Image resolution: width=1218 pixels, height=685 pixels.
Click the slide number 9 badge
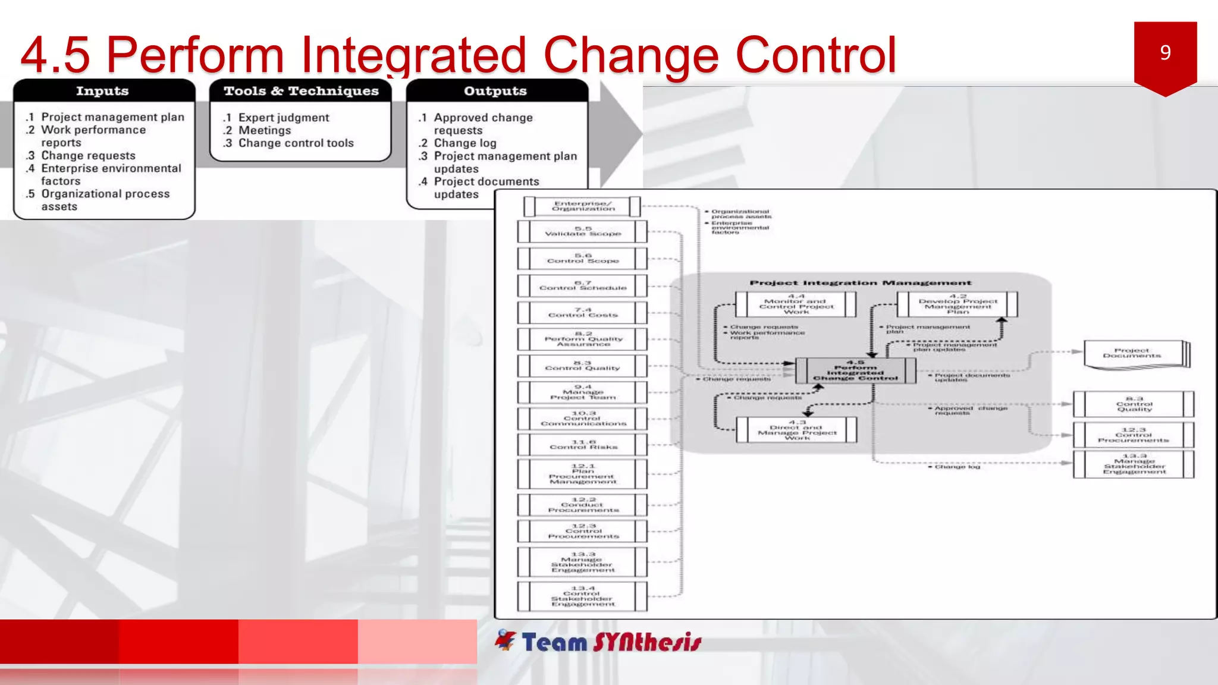(x=1165, y=54)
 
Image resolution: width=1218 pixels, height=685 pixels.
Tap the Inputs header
(x=102, y=91)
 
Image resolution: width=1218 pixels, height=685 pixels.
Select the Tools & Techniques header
(x=301, y=91)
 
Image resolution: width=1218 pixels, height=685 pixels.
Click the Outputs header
(x=495, y=91)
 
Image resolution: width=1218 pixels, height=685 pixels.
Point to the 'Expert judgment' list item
(x=284, y=118)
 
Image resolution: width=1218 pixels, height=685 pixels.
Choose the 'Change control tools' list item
(x=296, y=143)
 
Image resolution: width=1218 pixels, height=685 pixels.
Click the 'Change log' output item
(x=464, y=143)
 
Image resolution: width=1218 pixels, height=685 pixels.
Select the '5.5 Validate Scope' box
(x=583, y=231)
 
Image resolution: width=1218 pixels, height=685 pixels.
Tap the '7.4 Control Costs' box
(x=583, y=313)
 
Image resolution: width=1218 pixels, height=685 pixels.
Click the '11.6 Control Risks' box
(x=583, y=445)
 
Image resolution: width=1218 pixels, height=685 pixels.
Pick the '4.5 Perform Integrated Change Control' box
(x=855, y=370)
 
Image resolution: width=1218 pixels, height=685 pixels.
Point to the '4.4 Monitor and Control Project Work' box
(x=796, y=304)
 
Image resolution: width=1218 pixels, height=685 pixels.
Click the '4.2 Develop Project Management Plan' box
(x=958, y=304)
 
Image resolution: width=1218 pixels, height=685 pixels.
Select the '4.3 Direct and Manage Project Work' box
(x=797, y=430)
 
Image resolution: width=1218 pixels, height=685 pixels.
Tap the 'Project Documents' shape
(x=1133, y=354)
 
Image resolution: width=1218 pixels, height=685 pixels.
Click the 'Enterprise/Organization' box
(x=583, y=206)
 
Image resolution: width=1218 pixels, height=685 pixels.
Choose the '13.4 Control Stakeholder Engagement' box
(x=583, y=596)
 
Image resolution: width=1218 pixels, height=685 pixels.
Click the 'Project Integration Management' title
(x=860, y=283)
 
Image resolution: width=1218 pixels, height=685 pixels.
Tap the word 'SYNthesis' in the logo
(x=647, y=642)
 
